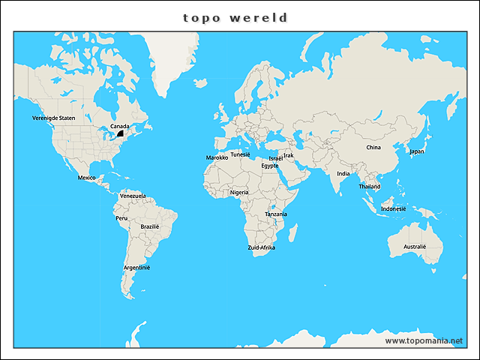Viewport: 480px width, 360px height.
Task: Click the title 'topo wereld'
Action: coord(235,17)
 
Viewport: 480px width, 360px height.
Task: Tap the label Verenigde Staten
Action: coord(54,118)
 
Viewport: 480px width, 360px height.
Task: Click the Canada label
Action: coord(119,126)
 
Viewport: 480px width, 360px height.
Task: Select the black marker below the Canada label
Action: coord(118,133)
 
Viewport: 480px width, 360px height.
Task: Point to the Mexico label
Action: coord(86,178)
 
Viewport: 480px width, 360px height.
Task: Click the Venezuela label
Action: coord(133,196)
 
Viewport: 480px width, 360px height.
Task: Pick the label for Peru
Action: coord(121,218)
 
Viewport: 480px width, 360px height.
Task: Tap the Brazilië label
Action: coord(150,226)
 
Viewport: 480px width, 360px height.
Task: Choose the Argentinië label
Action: coord(137,268)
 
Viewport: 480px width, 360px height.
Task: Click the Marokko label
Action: coord(217,158)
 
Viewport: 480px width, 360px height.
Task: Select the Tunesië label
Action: coord(240,154)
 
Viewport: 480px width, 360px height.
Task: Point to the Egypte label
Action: coord(270,166)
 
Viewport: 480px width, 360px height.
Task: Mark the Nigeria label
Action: coord(239,192)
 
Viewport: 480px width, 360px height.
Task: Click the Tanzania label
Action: coord(275,214)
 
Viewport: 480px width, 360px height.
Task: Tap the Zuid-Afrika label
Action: coord(262,247)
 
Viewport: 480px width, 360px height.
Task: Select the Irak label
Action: coord(289,155)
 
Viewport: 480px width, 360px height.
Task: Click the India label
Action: coord(343,174)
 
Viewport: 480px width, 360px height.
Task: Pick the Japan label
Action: coord(417,151)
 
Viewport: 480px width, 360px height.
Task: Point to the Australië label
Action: coord(414,247)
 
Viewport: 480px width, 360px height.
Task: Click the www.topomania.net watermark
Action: coord(424,340)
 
